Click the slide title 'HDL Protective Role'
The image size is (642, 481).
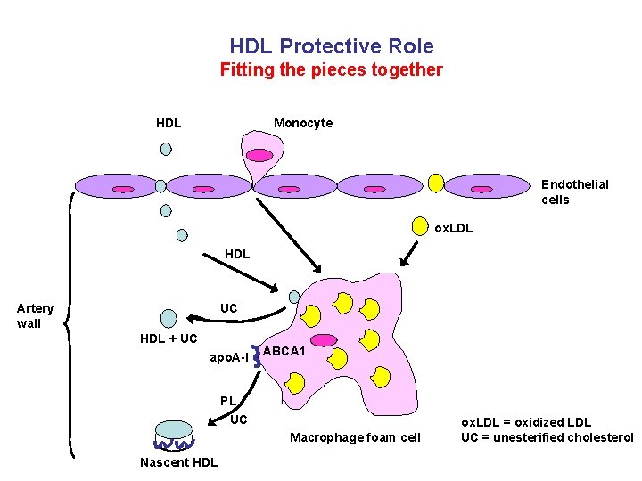coord(331,46)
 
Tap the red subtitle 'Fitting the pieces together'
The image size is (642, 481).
coord(331,69)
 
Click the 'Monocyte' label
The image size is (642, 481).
coord(303,123)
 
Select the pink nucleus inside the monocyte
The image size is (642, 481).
coord(259,155)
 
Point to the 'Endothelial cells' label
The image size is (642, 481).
coord(574,192)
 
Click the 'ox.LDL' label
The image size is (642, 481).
coord(453,228)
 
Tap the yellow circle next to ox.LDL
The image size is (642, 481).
coord(419,225)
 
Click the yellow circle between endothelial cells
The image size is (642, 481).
coord(436,183)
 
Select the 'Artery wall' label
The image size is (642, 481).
coord(36,315)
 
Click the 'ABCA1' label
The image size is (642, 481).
coord(285,352)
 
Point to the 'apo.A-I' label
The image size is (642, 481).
coord(229,357)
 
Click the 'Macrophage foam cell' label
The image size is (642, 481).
coord(355,436)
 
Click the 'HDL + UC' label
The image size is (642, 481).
coord(169,338)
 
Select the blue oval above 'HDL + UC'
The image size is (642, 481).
coord(169,318)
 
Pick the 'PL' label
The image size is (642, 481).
coord(228,401)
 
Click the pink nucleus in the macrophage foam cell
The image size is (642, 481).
coord(324,340)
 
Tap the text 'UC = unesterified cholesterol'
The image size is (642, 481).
coord(546,436)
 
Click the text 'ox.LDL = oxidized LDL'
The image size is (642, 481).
coord(525,422)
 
